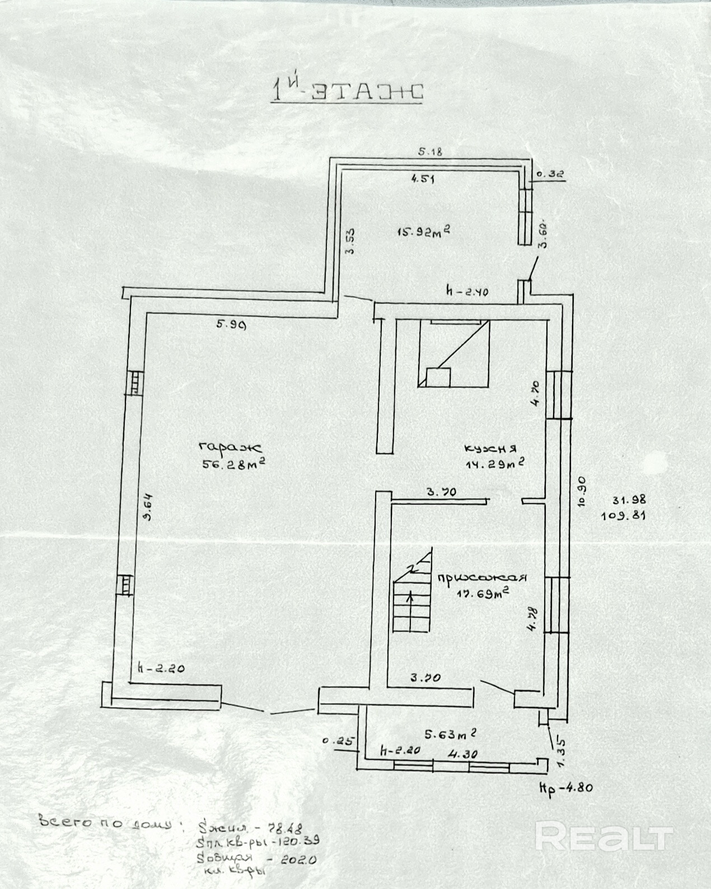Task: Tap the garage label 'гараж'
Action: [x=230, y=447]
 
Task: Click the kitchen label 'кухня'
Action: [x=490, y=448]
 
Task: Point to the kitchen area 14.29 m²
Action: [x=494, y=464]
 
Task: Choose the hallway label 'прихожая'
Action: [x=483, y=578]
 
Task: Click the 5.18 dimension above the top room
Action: [x=431, y=151]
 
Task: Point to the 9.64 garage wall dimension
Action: [x=147, y=506]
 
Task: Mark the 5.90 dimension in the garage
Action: [x=231, y=323]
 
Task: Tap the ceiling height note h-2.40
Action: [x=467, y=292]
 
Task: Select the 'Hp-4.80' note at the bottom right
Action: [x=565, y=787]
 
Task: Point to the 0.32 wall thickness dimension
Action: [x=550, y=175]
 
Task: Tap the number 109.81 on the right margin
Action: [x=624, y=516]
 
